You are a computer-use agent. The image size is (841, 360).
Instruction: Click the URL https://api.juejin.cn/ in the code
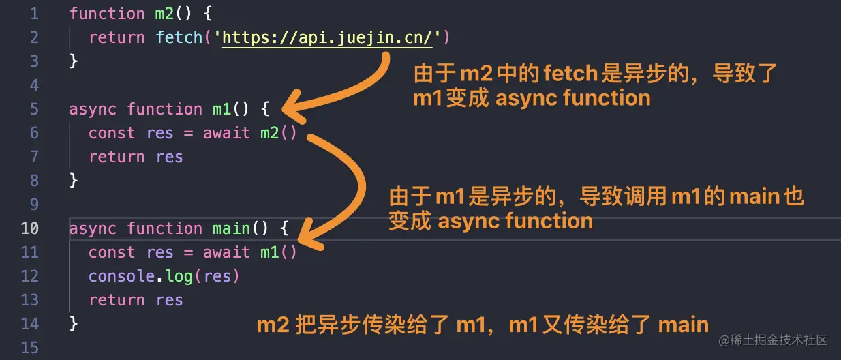[327, 38]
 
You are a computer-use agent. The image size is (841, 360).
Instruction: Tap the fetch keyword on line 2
[179, 37]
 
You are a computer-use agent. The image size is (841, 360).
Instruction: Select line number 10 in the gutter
[30, 228]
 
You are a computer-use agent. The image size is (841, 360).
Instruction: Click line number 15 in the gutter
[30, 348]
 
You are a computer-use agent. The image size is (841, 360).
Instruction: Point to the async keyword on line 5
[93, 109]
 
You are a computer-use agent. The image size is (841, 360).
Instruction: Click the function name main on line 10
[231, 228]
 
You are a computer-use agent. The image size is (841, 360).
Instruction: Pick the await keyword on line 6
[226, 133]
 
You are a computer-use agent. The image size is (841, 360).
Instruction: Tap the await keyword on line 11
[226, 252]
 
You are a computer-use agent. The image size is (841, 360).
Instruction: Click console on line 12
[121, 276]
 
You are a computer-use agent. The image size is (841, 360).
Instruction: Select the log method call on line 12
[179, 277]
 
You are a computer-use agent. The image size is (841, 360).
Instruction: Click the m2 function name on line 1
[164, 14]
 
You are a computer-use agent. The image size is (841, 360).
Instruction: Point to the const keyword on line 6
[112, 133]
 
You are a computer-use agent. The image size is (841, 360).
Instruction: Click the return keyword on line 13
[117, 300]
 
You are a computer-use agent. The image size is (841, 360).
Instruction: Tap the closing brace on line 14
[74, 324]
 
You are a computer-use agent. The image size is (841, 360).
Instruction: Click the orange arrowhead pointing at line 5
[292, 107]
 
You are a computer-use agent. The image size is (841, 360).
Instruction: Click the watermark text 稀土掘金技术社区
[779, 340]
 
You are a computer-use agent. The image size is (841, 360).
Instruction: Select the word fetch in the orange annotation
[570, 73]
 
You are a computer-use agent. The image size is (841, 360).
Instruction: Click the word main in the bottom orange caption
[684, 325]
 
